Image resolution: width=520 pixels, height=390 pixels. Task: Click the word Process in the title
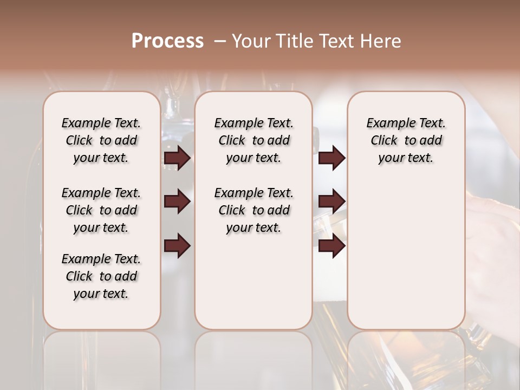click(167, 41)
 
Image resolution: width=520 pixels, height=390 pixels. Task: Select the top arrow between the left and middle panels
click(177, 158)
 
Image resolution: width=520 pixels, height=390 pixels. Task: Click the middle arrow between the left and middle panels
click(177, 202)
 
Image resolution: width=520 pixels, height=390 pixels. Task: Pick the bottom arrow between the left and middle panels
click(177, 246)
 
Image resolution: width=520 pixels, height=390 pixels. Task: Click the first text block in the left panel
click(101, 140)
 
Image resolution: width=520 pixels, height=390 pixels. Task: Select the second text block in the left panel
click(101, 210)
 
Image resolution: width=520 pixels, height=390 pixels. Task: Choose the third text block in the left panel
click(101, 276)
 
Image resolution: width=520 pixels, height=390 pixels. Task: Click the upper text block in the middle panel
click(254, 140)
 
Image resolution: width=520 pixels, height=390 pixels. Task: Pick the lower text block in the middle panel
click(254, 210)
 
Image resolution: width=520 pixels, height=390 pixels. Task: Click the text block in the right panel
click(406, 140)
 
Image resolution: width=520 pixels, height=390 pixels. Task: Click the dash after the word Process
click(220, 42)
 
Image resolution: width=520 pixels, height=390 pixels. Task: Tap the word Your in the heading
click(251, 41)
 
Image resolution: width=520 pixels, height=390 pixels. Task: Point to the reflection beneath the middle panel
click(253, 357)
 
